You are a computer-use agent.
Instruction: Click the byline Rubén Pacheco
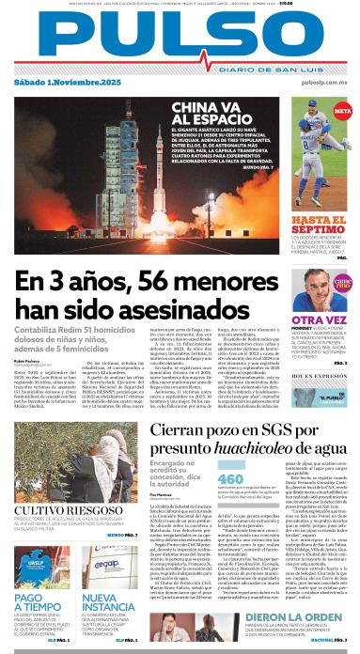(x=27, y=359)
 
